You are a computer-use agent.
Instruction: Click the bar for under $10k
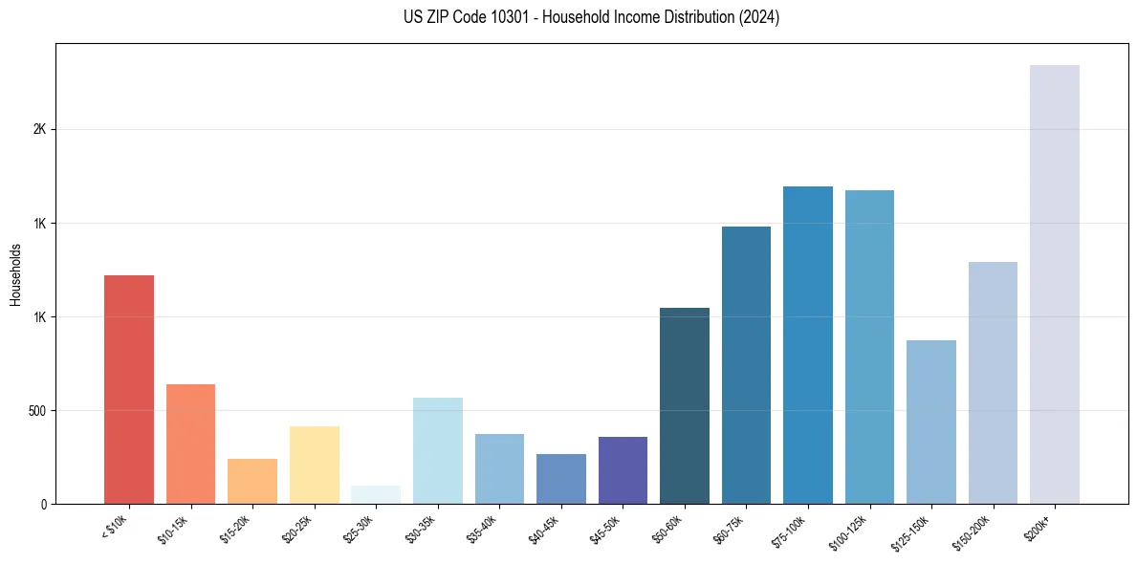128,389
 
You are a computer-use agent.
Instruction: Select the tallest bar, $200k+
1054,284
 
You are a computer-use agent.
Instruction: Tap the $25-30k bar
375,494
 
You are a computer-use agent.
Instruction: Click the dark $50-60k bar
684,405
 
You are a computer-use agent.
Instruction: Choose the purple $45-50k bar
623,470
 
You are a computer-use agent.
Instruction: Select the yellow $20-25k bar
314,465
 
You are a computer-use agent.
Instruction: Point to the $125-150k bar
930,422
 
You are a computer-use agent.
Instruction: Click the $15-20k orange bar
251,481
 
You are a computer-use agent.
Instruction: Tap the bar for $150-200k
993,382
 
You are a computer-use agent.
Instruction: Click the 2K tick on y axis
39,130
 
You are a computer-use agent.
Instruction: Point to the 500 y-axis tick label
36,411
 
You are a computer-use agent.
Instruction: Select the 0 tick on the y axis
44,504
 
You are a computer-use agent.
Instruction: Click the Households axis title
15,274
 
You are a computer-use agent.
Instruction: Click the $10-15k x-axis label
174,528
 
